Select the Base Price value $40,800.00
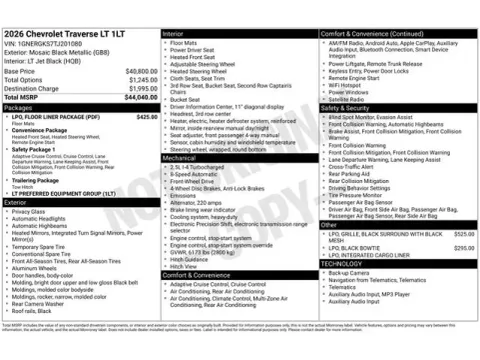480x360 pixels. [x=139, y=72]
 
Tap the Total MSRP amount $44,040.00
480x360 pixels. [x=137, y=97]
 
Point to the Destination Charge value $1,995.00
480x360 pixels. [x=141, y=88]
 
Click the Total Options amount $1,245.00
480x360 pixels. [x=141, y=80]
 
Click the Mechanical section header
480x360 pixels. [x=180, y=158]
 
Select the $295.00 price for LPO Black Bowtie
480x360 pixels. [x=463, y=247]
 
